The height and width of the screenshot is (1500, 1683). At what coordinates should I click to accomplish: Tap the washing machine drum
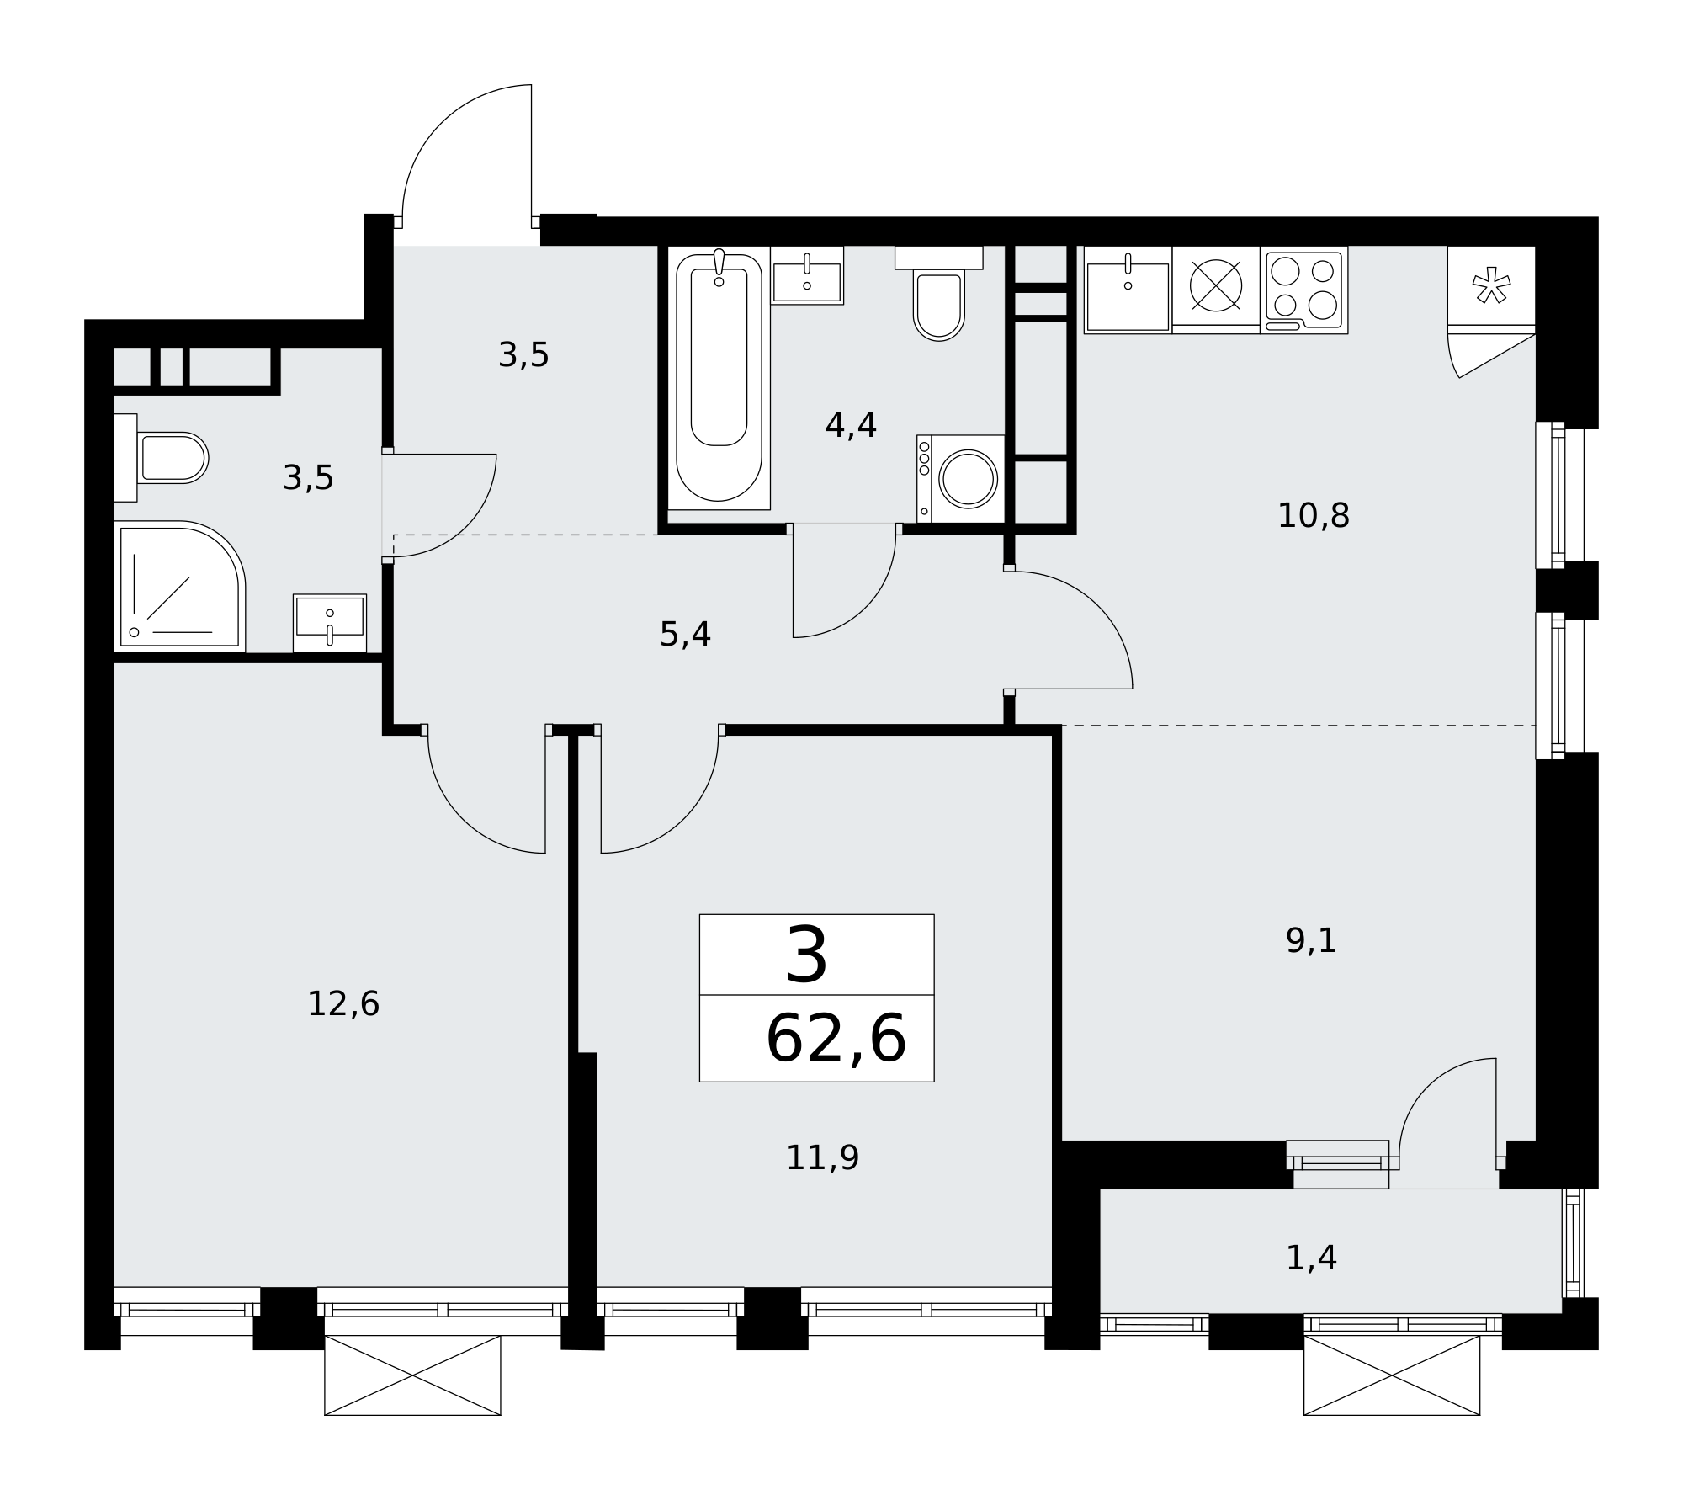[969, 478]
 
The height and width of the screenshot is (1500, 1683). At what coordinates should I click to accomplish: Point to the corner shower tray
[180, 586]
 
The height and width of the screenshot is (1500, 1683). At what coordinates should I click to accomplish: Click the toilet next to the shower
[161, 458]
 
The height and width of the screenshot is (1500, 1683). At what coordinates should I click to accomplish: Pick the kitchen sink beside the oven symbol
[1128, 290]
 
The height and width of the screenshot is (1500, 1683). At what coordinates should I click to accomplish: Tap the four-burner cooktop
[1303, 290]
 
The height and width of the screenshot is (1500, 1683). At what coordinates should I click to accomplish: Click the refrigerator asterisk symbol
[1490, 285]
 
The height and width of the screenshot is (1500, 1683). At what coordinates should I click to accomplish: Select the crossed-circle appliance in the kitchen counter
[1216, 285]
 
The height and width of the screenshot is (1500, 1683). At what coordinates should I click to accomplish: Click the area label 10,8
[1313, 516]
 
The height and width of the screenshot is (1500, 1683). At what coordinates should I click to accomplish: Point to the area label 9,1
[1311, 941]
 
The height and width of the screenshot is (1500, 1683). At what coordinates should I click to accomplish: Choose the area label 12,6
[343, 1004]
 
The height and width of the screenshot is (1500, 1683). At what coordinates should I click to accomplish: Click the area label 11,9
[822, 1158]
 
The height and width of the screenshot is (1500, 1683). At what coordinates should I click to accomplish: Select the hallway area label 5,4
[685, 635]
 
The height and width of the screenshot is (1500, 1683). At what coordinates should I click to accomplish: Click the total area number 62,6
[836, 1040]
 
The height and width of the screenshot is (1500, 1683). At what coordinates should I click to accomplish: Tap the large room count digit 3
[807, 955]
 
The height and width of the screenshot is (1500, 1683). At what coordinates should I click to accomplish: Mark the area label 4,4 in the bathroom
[851, 426]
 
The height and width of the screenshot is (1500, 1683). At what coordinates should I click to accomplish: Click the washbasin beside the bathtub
[807, 275]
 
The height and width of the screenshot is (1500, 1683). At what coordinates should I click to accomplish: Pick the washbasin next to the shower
[330, 623]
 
